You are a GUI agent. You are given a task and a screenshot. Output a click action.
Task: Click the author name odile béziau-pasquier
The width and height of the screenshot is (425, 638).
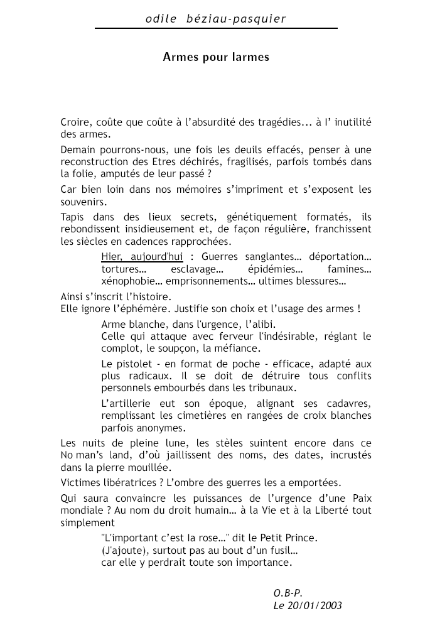[215, 19]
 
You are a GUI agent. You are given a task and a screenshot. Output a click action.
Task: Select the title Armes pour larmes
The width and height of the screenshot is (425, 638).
[216, 57]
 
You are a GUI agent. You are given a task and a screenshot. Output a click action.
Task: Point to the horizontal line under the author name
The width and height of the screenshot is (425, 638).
[216, 29]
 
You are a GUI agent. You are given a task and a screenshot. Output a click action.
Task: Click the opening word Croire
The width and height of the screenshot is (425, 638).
[75, 122]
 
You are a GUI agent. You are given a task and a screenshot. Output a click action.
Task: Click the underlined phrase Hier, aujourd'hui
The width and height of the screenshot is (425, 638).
[142, 257]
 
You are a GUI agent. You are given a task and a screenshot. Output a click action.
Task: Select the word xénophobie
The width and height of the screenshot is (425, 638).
[126, 281]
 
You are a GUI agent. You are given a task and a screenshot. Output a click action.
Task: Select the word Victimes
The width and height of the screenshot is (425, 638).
[82, 482]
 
